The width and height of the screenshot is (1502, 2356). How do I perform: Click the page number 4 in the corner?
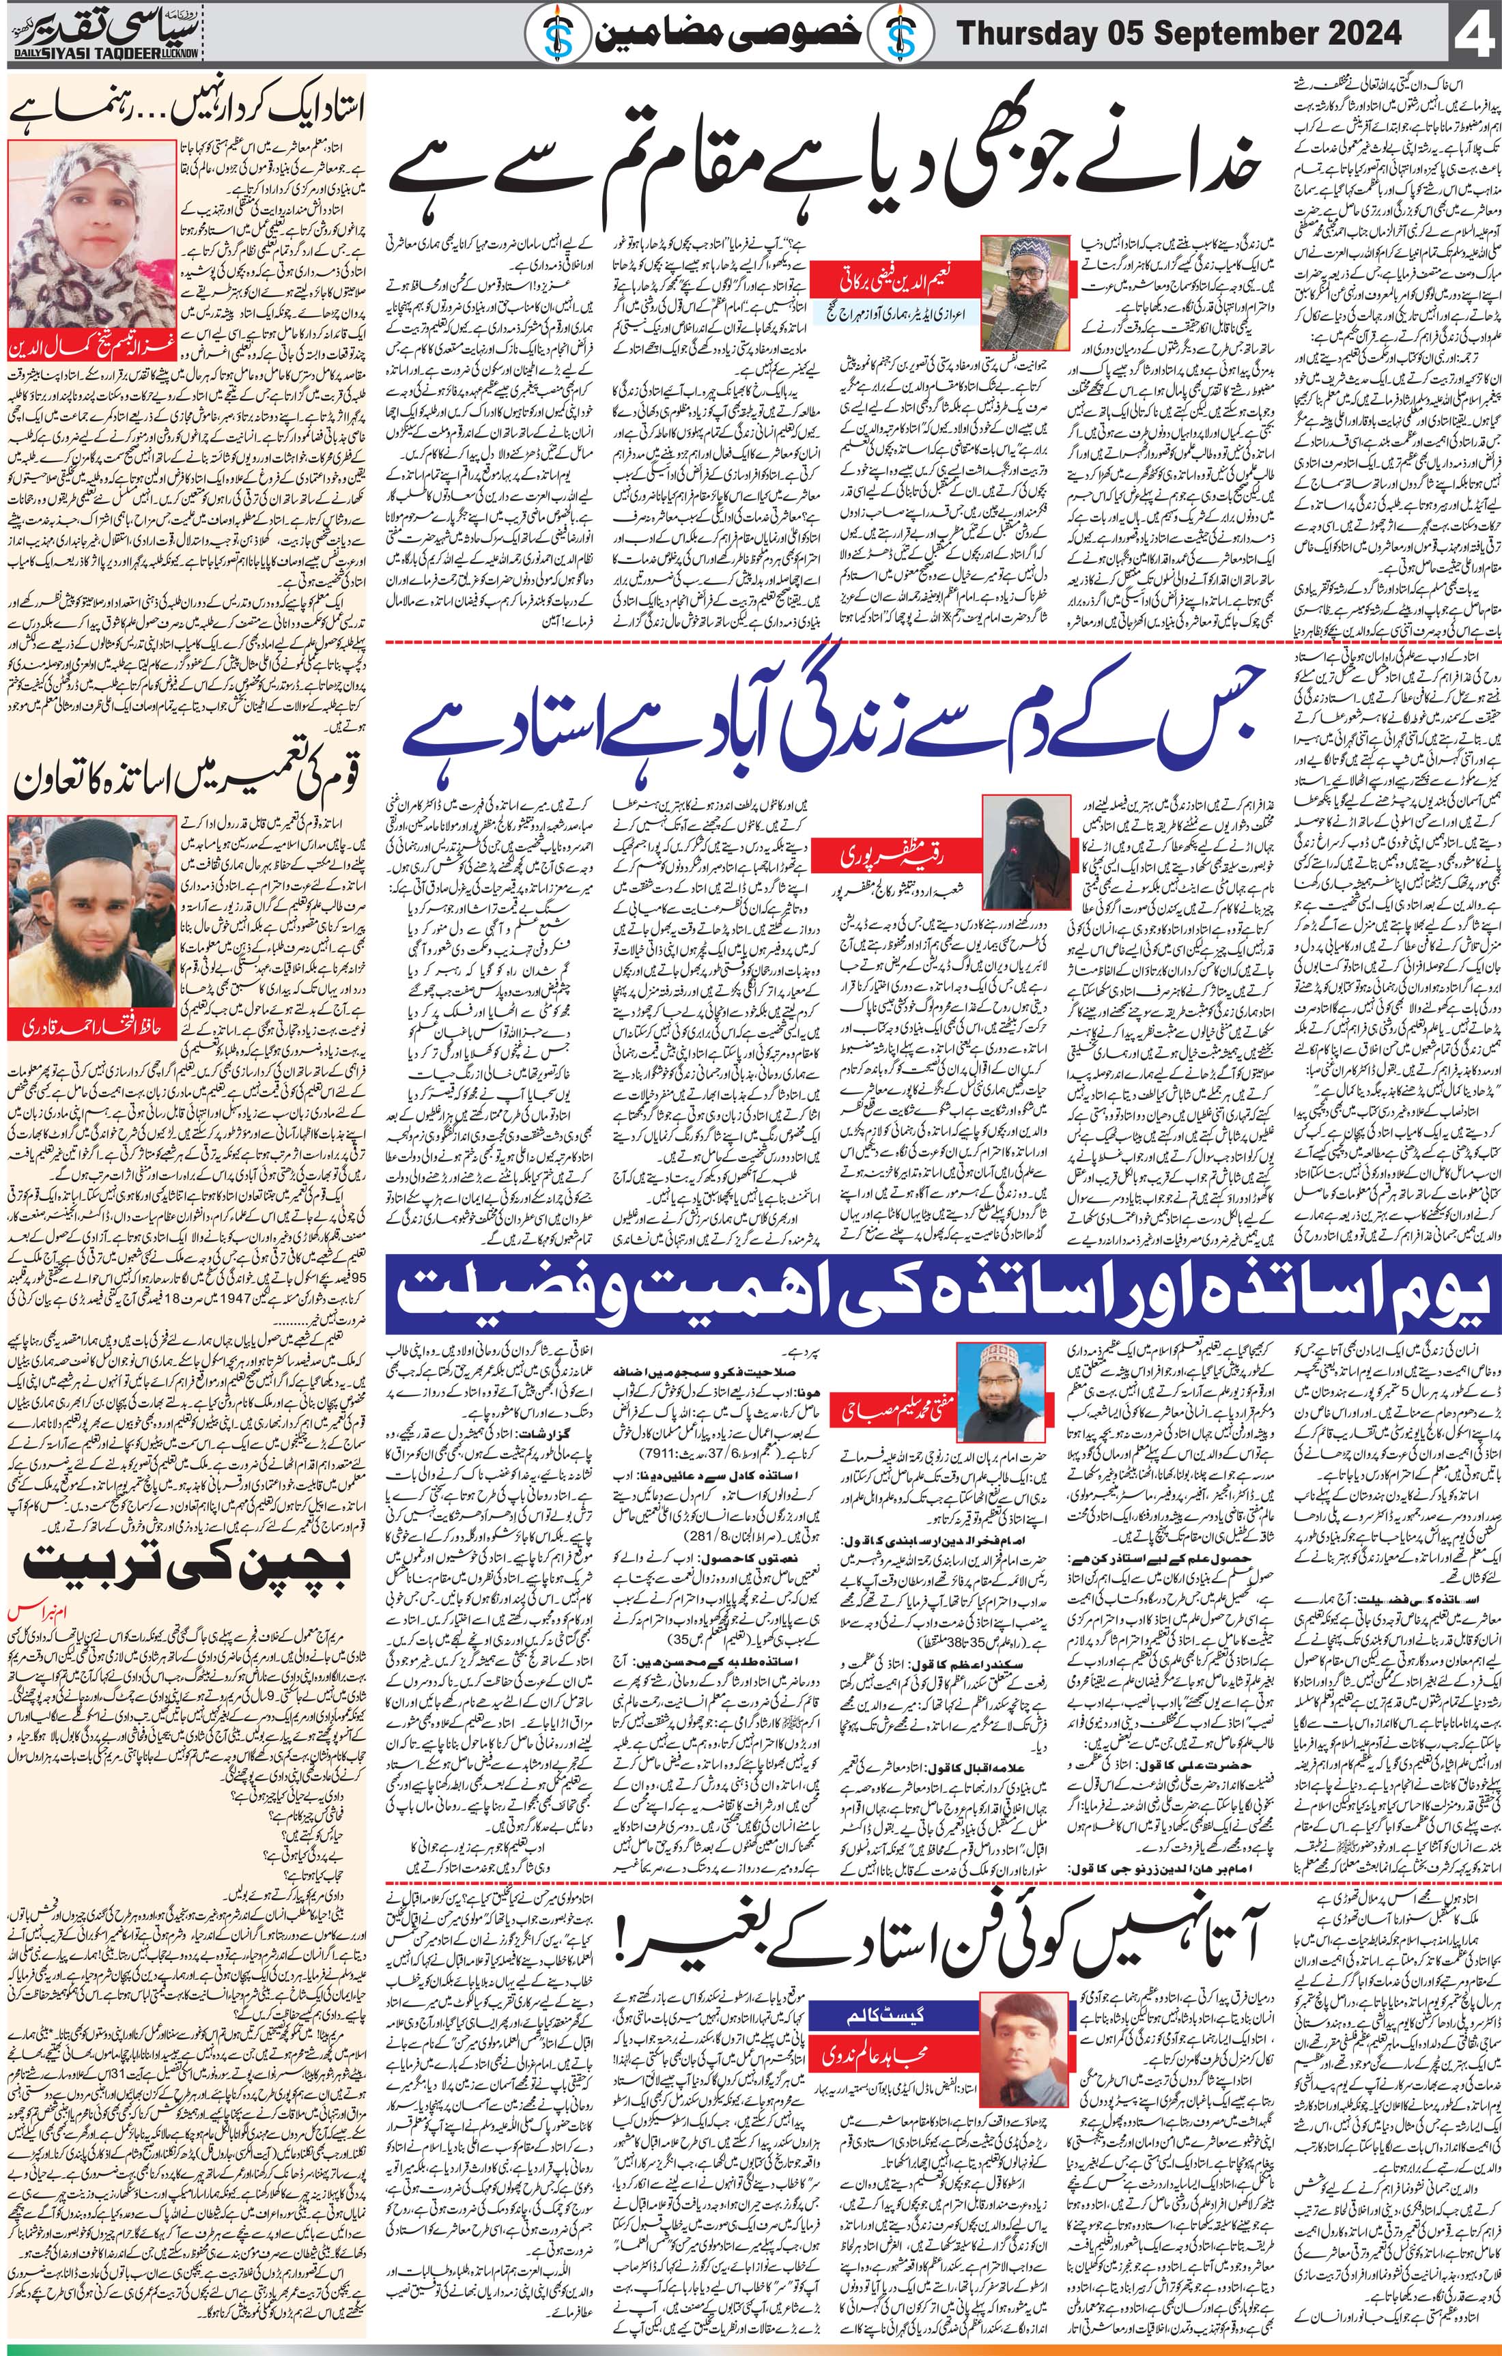coord(1473,36)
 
